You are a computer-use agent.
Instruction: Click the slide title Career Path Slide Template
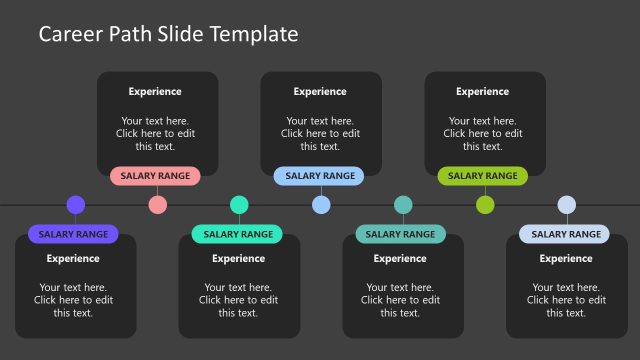coord(168,34)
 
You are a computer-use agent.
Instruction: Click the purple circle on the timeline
coord(75,205)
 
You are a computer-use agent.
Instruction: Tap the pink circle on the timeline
coord(157,205)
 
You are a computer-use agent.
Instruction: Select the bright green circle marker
coord(485,205)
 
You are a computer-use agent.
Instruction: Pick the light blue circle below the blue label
coord(321,205)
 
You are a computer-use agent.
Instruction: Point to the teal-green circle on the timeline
coord(239,205)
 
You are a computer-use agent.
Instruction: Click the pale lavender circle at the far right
coord(567,205)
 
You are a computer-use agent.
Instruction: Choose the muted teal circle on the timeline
coord(403,205)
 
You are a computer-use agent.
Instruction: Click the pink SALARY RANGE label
coord(155,176)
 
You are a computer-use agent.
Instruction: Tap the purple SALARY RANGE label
coord(73,234)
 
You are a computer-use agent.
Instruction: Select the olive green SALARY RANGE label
coord(483,176)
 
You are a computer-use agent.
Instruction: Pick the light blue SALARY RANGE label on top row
coord(320,176)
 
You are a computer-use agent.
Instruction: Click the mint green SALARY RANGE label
coord(238,234)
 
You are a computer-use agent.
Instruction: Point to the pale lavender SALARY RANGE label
coord(565,234)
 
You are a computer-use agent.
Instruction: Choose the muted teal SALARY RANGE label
coord(401,234)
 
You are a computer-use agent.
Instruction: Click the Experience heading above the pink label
coord(155,92)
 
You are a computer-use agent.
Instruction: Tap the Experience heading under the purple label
coord(73,258)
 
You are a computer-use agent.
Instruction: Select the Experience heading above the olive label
coord(483,92)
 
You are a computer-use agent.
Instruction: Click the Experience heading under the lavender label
coord(566,258)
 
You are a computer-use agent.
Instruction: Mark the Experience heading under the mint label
coord(239,258)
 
